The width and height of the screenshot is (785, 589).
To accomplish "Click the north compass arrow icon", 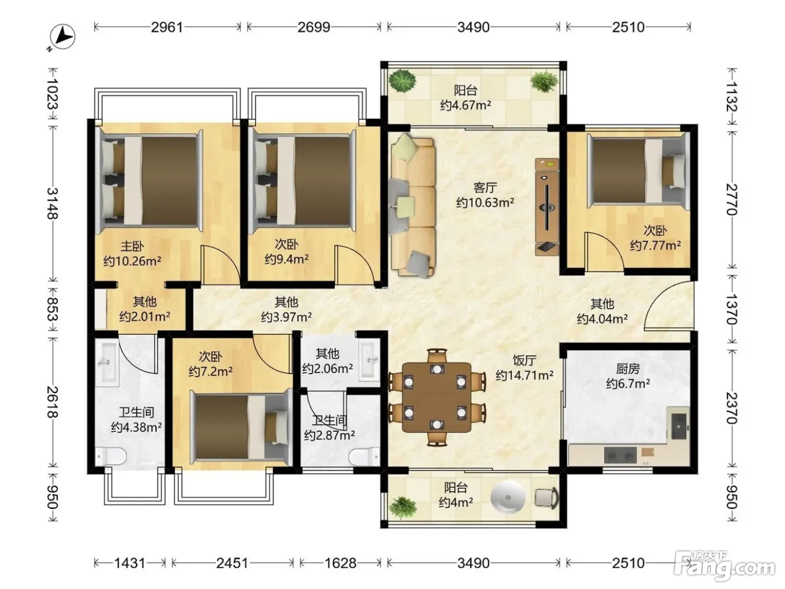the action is click(x=63, y=37).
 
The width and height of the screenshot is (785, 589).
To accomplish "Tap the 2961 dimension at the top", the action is click(x=167, y=27).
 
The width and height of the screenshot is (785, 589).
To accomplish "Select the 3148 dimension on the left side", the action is click(x=53, y=203).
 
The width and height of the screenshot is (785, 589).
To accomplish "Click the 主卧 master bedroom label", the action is click(x=132, y=246).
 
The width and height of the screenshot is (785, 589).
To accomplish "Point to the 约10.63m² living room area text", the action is click(x=486, y=203).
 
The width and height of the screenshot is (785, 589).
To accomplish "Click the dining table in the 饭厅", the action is click(x=437, y=397).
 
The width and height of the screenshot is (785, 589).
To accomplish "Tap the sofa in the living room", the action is click(x=413, y=208).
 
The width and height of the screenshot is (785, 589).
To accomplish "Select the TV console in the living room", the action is click(x=547, y=207).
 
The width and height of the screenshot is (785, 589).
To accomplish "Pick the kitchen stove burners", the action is click(x=621, y=455).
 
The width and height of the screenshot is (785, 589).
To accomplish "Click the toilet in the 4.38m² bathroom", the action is click(x=110, y=456).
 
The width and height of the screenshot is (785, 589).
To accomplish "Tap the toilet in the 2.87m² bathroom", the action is click(x=364, y=457).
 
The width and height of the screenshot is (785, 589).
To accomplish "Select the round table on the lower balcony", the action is click(x=507, y=498).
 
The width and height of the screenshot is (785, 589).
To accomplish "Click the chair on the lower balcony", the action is click(x=547, y=498).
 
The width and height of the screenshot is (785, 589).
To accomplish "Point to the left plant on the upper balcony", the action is click(x=403, y=82).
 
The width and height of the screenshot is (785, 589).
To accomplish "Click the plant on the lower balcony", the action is click(x=403, y=507).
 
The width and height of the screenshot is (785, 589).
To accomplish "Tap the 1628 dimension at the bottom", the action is click(x=340, y=563).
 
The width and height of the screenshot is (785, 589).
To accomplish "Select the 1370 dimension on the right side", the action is click(x=732, y=309).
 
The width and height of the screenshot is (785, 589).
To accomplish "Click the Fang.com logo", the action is click(x=724, y=566).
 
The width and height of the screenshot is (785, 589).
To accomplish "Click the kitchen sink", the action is click(x=679, y=426).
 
